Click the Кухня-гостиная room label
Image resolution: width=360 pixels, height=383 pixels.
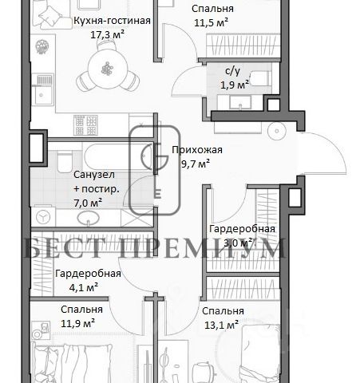(112, 21)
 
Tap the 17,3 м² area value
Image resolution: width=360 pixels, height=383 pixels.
(107, 34)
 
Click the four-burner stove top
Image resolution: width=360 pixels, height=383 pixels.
(85, 124)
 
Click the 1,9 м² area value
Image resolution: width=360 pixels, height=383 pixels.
(235, 85)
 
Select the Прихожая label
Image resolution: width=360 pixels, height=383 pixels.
(197, 150)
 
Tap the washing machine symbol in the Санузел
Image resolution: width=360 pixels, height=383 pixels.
(43, 217)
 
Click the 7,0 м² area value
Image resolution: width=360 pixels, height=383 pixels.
(88, 203)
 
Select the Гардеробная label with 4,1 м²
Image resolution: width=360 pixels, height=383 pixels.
(88, 274)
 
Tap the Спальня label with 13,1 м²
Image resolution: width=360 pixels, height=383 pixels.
(223, 311)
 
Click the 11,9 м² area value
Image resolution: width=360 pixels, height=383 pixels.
(78, 324)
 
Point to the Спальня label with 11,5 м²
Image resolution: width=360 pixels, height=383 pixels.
(212, 9)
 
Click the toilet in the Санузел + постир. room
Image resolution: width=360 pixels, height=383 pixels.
(65, 162)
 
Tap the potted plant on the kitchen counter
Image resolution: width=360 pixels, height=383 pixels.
(42, 46)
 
